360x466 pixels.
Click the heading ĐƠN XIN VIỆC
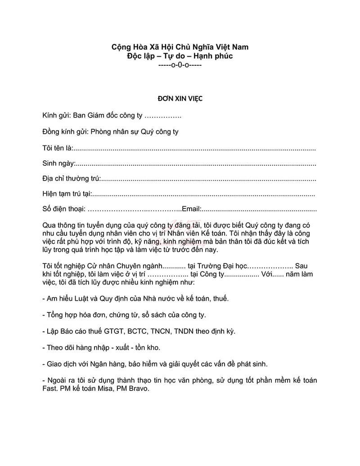[x=180, y=99]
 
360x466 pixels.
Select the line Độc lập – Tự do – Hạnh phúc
[x=180, y=56]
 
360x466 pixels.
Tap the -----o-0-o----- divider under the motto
[x=180, y=65]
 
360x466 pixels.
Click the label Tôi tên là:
[x=57, y=148]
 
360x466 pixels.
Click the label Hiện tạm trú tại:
[x=67, y=194]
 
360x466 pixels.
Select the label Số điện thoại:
[x=63, y=209]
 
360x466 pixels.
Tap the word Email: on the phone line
[x=190, y=209]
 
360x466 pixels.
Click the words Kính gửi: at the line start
[x=56, y=116]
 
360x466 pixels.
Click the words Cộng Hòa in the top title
[x=128, y=47]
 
